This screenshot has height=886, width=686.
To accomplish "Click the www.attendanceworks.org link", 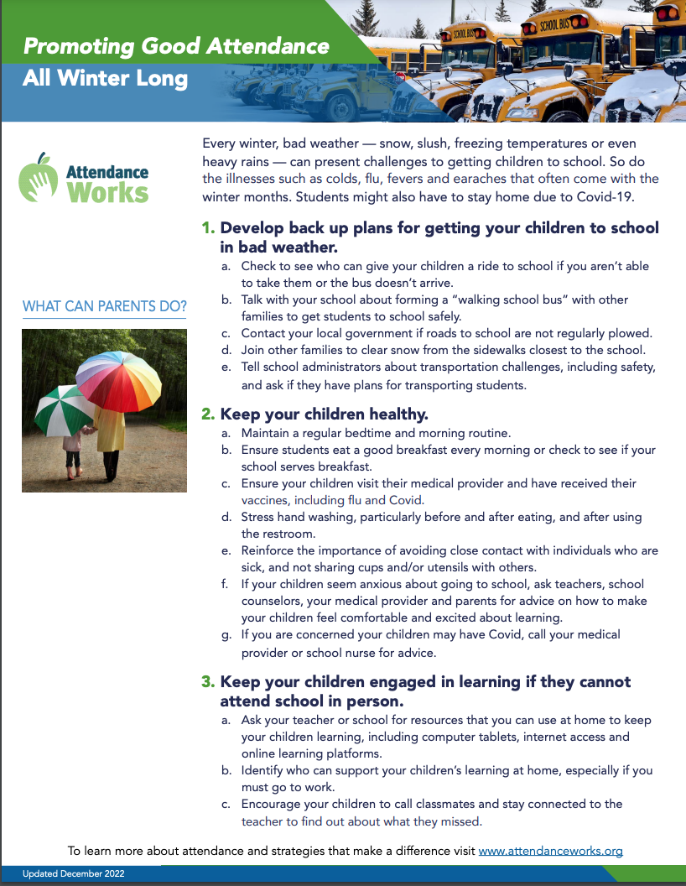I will pyautogui.click(x=550, y=851).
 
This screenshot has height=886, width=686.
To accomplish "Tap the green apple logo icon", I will pyautogui.click(x=38, y=177).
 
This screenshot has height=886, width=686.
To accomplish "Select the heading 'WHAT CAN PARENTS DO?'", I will pyautogui.click(x=105, y=306).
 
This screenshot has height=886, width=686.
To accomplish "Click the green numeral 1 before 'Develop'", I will pyautogui.click(x=207, y=228).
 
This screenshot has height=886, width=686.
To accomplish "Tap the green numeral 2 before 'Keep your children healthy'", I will pyautogui.click(x=207, y=414).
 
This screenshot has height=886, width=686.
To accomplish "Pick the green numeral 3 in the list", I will pyautogui.click(x=207, y=682).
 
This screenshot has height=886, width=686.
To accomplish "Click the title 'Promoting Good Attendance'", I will pyautogui.click(x=176, y=45).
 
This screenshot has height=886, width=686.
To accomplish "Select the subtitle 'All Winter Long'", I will pyautogui.click(x=106, y=80).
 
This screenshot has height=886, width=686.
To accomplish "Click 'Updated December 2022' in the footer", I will pyautogui.click(x=74, y=874).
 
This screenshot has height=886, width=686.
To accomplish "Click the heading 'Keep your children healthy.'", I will pyautogui.click(x=324, y=414).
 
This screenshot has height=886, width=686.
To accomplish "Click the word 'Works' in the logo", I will pyautogui.click(x=107, y=192).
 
